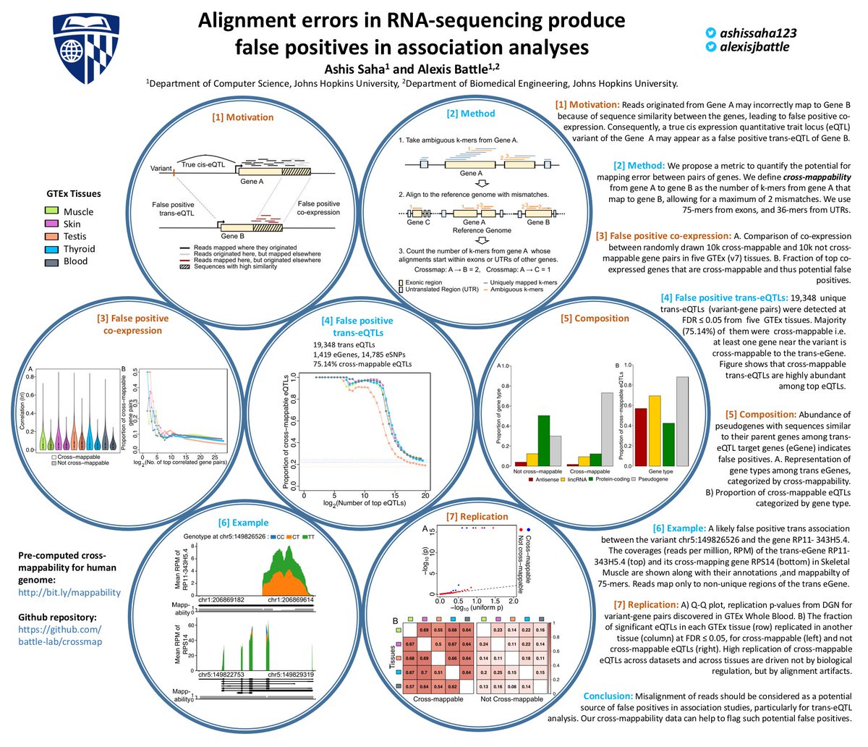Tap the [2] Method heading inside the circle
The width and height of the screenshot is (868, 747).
tap(471, 113)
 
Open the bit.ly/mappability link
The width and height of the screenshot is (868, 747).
tap(69, 592)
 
